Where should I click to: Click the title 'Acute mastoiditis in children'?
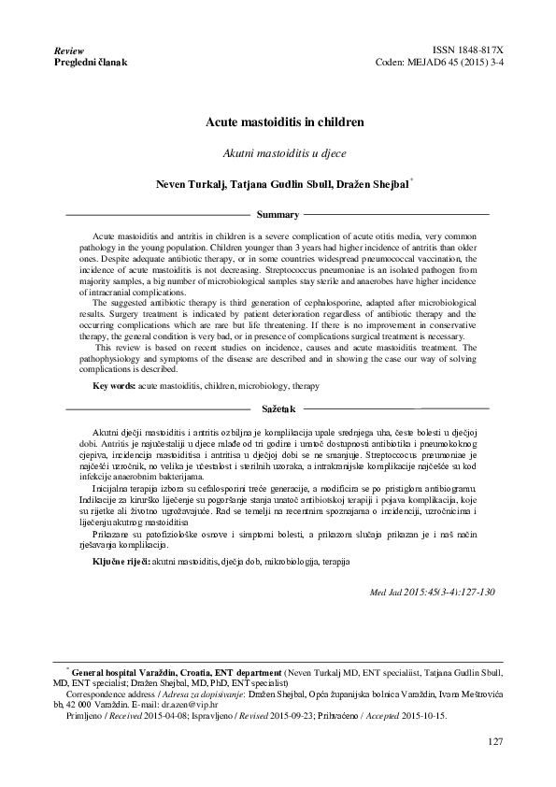(278, 122)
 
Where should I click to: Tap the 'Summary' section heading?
(278, 215)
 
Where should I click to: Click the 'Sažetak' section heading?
(278, 409)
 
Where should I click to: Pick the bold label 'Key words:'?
(114, 385)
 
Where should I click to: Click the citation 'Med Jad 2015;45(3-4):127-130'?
(433, 593)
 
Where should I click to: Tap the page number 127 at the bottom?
(495, 741)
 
